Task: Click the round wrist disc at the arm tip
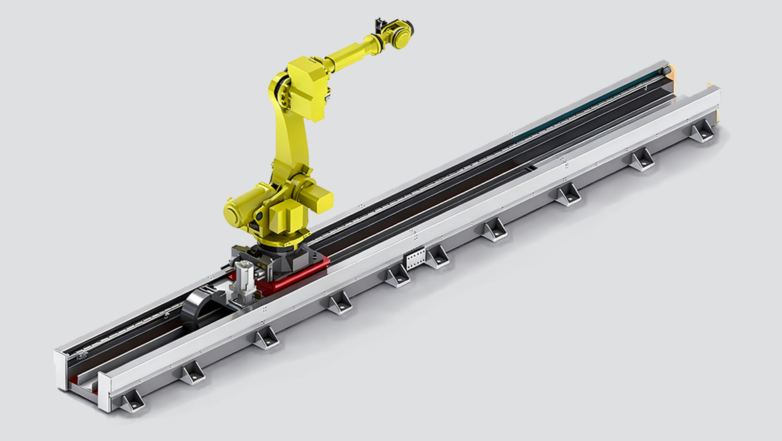click(x=402, y=35)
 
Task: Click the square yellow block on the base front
click(x=286, y=217)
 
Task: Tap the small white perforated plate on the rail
click(x=415, y=258)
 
